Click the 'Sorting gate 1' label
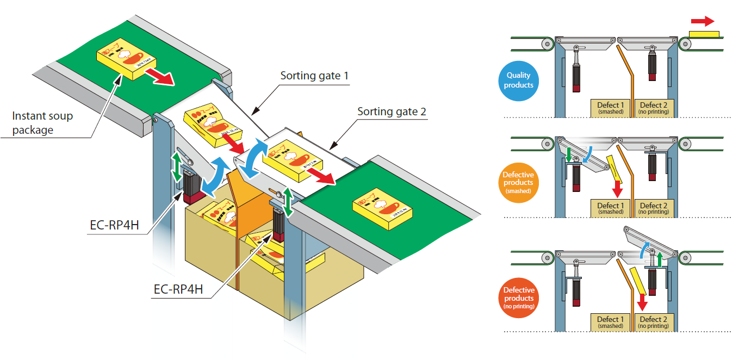[314, 76]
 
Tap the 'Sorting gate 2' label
[392, 112]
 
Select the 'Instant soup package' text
[42, 123]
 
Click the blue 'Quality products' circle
[518, 80]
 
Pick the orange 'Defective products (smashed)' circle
[518, 183]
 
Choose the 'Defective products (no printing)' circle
[518, 298]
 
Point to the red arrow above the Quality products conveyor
[702, 21]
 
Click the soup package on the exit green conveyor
[383, 208]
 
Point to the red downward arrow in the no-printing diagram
[642, 300]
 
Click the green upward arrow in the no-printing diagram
[660, 259]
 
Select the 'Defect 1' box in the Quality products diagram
[611, 108]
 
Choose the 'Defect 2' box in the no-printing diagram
[654, 322]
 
